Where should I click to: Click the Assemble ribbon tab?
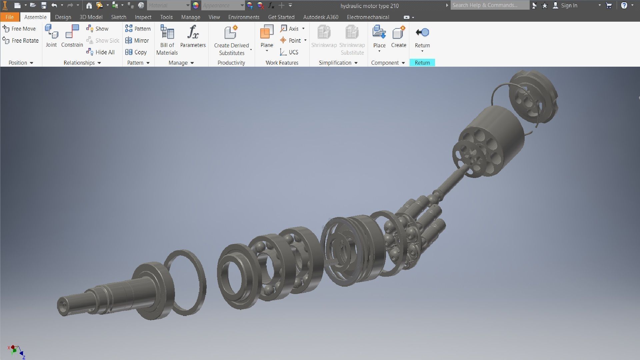point(35,17)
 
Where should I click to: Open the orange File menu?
point(9,17)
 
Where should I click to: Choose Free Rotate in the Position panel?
point(21,41)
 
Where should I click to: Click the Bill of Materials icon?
point(167,33)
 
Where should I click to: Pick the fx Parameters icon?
point(193,33)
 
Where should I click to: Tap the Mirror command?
point(137,41)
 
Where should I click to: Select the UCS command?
point(289,52)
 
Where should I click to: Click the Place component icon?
point(379,33)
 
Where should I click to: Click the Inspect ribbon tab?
point(143,17)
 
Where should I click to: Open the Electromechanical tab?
point(368,17)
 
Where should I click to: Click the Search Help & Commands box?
point(489,5)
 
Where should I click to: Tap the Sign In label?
point(569,5)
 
